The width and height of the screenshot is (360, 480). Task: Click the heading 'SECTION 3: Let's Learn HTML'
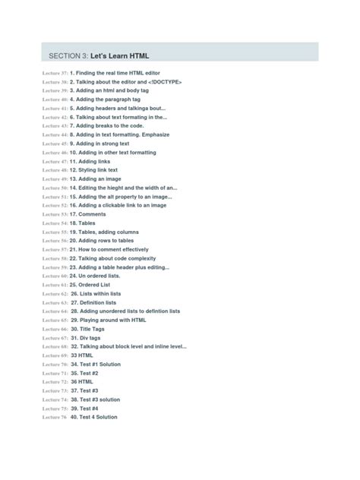click(99, 55)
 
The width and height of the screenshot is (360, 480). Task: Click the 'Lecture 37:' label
click(55, 73)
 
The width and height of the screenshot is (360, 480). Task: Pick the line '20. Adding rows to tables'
click(108, 241)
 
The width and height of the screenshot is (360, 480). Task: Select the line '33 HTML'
click(82, 355)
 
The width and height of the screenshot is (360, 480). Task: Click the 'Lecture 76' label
click(54, 417)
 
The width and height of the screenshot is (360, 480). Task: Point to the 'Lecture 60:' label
click(55, 276)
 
